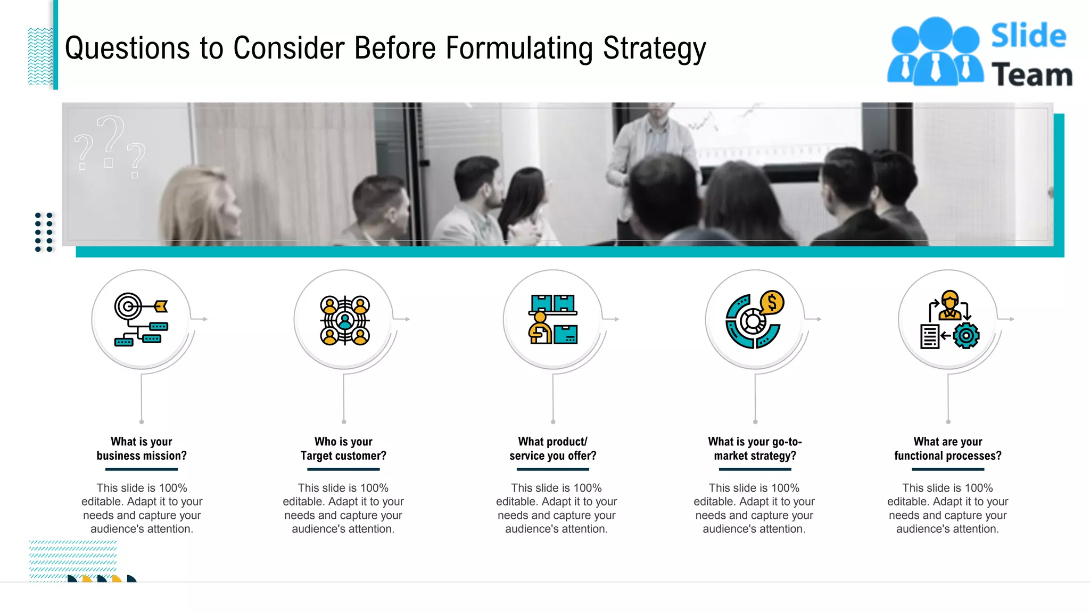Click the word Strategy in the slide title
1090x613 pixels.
[654, 49]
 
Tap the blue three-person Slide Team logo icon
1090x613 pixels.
[935, 52]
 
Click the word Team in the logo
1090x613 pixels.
[1031, 74]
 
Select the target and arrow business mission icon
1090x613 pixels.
[141, 319]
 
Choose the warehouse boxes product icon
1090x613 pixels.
[553, 319]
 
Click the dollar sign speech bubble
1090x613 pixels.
[772, 303]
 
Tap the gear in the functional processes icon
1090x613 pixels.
[965, 336]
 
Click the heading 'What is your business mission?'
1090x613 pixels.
[142, 449]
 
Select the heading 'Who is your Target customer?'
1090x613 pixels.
[343, 449]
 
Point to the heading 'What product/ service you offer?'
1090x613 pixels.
[552, 449]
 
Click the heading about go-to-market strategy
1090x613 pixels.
[755, 449]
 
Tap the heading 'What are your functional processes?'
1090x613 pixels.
[947, 449]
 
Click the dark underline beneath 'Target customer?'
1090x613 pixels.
[343, 469]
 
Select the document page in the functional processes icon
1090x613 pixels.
[930, 336]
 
